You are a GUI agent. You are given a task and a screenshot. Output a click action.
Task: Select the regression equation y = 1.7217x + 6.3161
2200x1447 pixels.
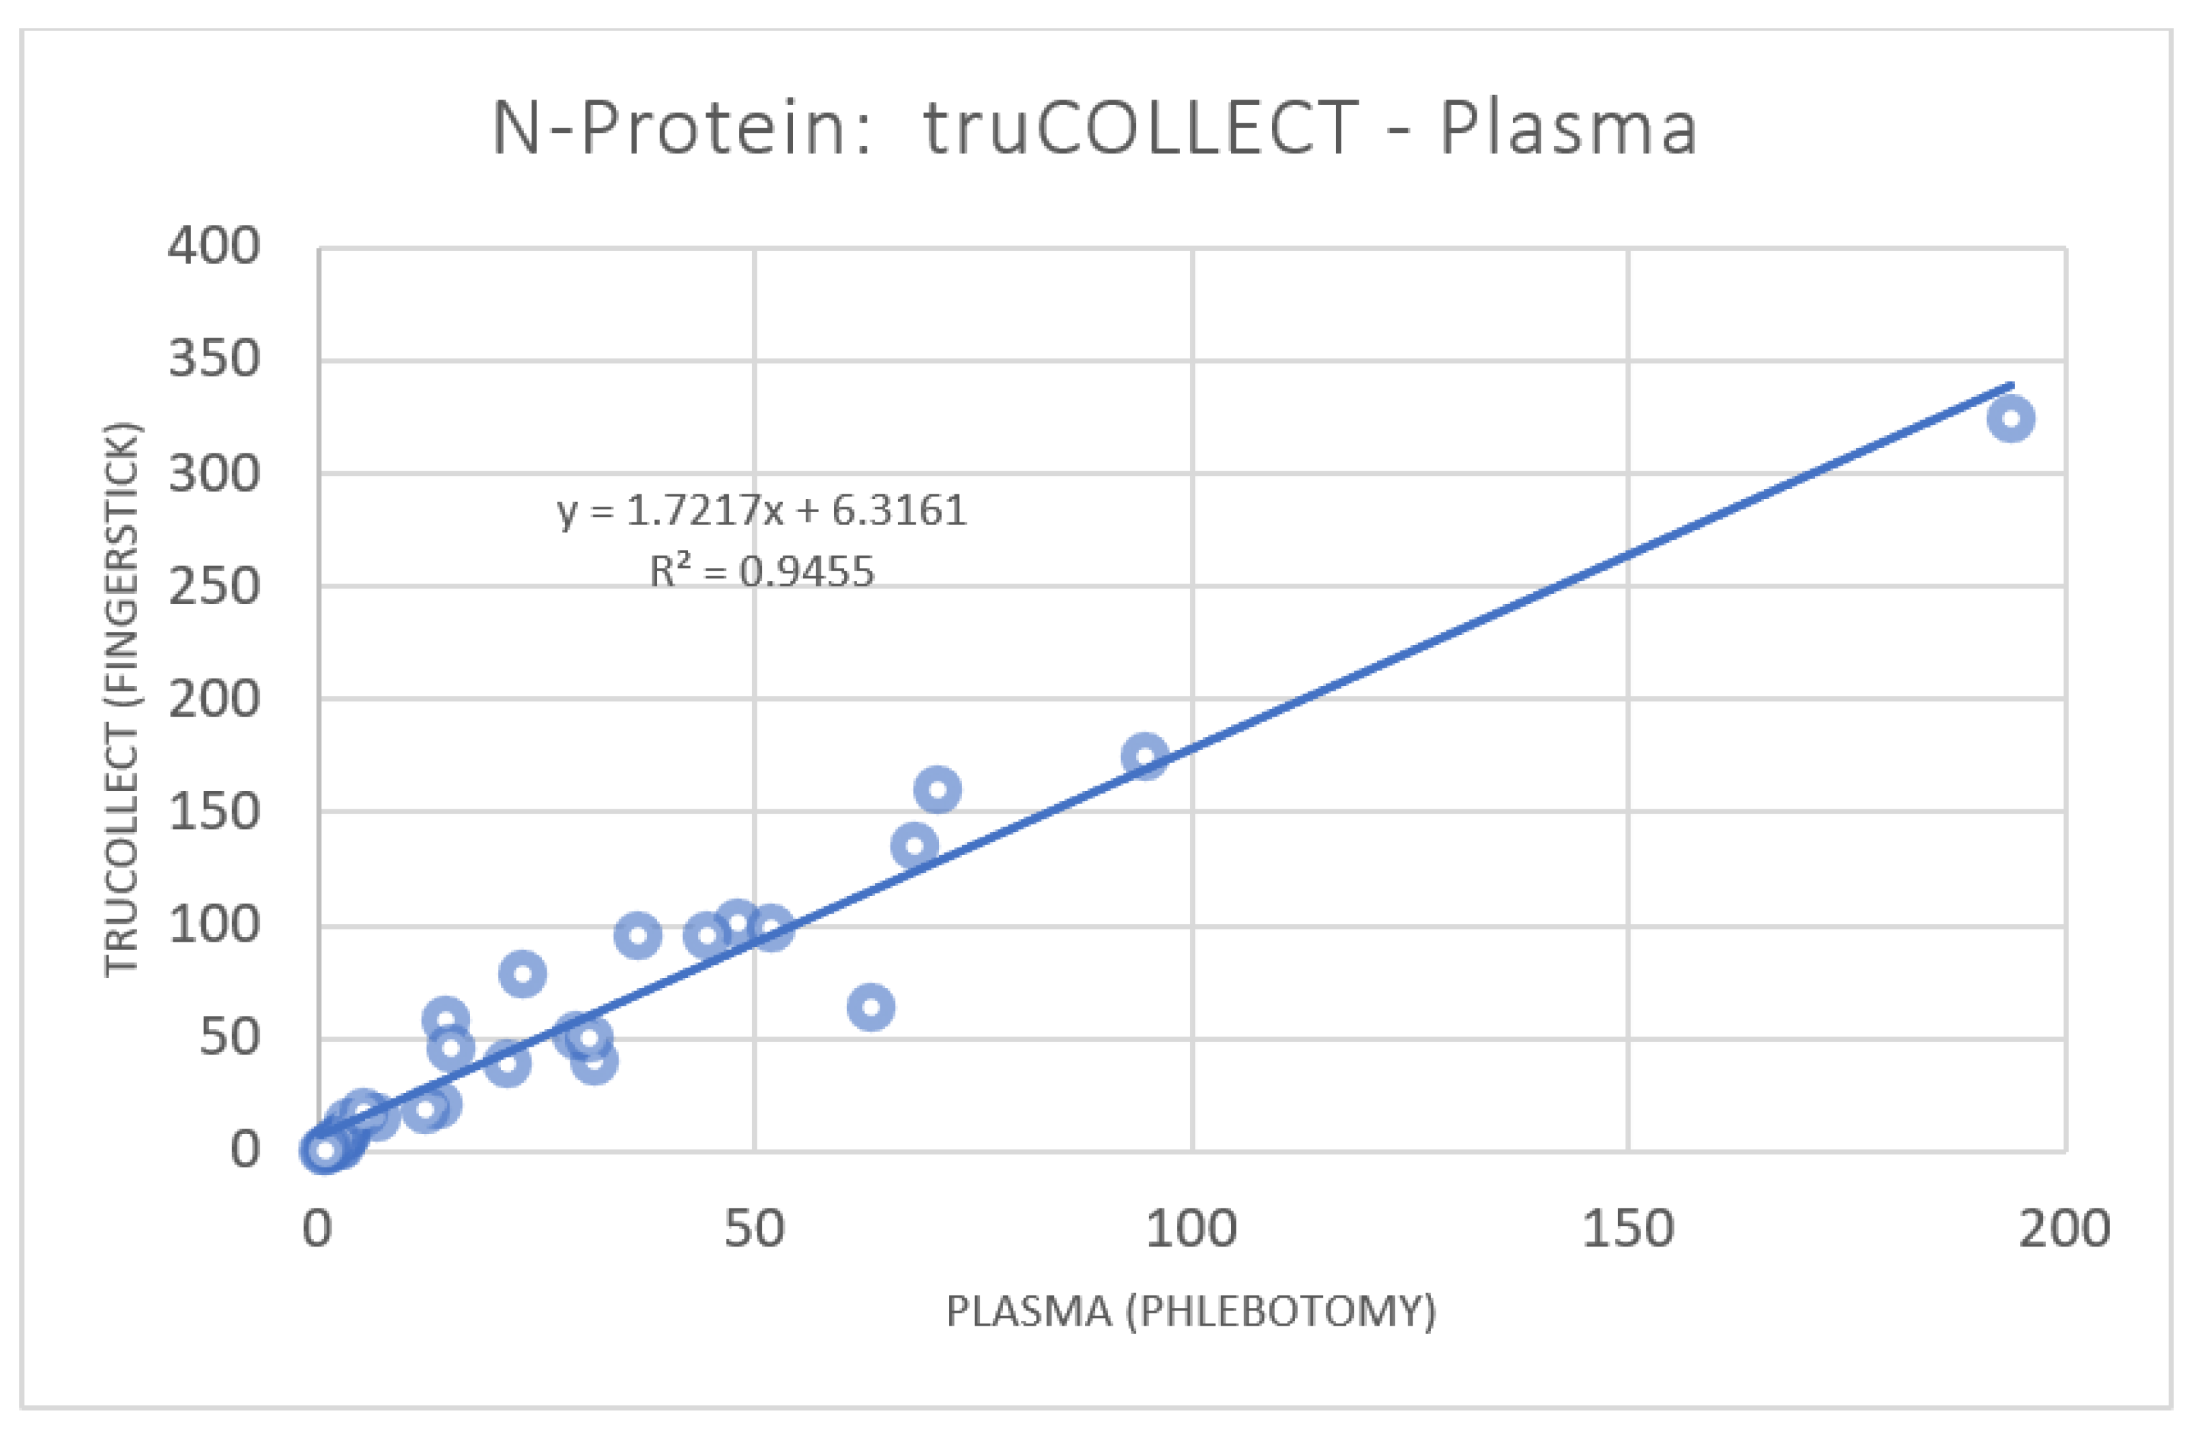click(x=762, y=510)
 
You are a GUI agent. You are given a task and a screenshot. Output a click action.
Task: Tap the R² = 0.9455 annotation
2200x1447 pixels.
click(x=762, y=571)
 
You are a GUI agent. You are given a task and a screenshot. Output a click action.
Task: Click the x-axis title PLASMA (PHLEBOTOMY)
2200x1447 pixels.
click(x=1191, y=1311)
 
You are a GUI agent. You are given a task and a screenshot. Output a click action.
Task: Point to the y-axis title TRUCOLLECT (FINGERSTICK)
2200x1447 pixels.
click(x=121, y=700)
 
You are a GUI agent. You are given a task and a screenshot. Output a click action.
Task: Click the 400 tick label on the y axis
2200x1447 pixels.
click(x=214, y=247)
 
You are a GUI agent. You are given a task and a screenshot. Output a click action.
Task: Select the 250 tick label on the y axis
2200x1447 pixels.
click(x=214, y=586)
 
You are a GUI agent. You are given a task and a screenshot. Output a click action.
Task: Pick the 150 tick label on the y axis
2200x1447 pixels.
click(x=214, y=812)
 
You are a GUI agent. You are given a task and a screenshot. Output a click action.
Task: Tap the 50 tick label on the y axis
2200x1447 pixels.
click(x=229, y=1038)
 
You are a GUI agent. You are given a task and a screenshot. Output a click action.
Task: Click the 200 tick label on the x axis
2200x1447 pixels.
click(x=2064, y=1229)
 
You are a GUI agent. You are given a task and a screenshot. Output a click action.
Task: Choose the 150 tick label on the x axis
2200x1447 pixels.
click(x=1627, y=1229)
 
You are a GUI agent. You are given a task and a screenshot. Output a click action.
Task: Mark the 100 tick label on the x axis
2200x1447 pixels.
click(x=1191, y=1229)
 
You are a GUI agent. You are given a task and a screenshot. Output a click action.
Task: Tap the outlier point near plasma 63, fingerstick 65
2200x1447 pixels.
click(x=870, y=1006)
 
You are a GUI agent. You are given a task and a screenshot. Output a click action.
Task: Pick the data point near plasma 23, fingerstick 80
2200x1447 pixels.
click(x=522, y=974)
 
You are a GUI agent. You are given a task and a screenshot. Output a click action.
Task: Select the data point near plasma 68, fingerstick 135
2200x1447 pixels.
click(x=914, y=846)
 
